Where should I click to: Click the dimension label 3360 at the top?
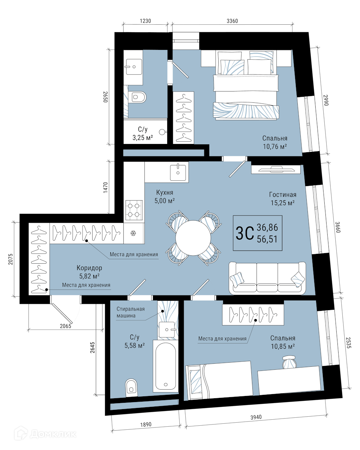point(232,21)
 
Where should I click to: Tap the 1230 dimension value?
point(145,21)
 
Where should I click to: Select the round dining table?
point(193,238)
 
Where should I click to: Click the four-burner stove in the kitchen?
point(134,210)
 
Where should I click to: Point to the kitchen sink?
point(178,172)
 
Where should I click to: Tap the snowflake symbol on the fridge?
point(133,233)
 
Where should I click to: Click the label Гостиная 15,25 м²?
point(283,199)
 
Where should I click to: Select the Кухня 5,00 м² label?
point(164,196)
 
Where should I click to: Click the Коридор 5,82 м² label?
point(89,272)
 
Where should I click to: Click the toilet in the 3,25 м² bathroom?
point(137,97)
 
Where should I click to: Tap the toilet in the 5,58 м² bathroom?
point(132,387)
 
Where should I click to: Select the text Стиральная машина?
point(130,312)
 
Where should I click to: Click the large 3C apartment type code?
point(244,233)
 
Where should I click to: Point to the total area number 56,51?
point(267,239)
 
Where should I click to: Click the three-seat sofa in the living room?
point(267,278)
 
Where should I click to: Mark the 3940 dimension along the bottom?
point(256,421)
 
